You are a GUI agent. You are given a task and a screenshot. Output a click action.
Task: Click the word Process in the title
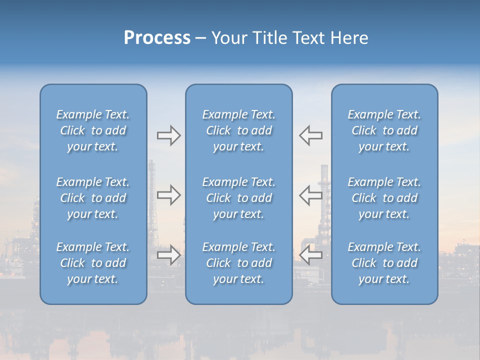(x=157, y=38)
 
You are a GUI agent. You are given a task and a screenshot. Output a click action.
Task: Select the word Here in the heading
(x=349, y=38)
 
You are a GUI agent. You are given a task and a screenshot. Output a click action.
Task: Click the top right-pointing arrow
(x=168, y=135)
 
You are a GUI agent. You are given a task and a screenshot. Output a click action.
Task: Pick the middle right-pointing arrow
(x=168, y=195)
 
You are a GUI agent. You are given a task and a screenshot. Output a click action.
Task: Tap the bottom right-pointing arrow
(x=168, y=255)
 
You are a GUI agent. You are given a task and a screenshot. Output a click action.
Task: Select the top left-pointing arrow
(x=310, y=135)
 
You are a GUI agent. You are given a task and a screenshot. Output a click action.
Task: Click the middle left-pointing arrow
(x=310, y=195)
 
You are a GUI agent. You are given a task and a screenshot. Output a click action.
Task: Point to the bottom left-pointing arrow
(x=310, y=255)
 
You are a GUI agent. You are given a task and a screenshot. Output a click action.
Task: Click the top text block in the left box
(x=93, y=130)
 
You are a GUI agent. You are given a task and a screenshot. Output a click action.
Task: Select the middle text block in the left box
(x=93, y=198)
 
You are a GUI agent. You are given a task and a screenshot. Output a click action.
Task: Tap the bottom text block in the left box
(x=93, y=263)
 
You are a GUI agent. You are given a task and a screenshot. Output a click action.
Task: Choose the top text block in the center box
(x=238, y=130)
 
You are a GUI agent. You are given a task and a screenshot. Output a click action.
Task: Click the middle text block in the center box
(x=238, y=198)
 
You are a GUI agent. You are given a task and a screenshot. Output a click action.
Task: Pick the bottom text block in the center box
(x=238, y=263)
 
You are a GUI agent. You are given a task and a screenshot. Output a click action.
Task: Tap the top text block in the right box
(x=384, y=130)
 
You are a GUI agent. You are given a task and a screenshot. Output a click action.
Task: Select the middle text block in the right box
(x=384, y=198)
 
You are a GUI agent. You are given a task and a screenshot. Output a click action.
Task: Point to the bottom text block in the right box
(x=384, y=263)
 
